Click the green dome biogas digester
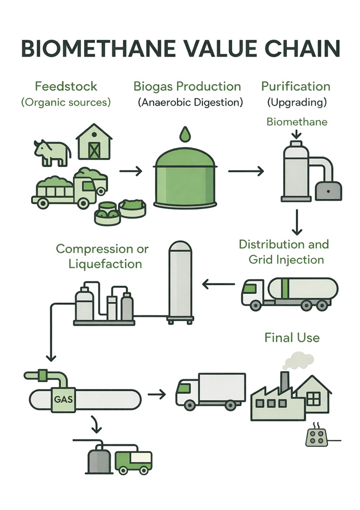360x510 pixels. (185, 179)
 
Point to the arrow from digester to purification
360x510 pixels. (246, 171)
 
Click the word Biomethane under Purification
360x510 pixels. (297, 122)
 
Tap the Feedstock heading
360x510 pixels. (66, 86)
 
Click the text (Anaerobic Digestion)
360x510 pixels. (190, 102)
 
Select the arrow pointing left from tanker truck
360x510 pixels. (218, 284)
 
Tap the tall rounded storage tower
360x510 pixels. (181, 281)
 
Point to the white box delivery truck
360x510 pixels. (211, 390)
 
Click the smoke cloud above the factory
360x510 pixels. (298, 361)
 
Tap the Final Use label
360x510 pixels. (292, 338)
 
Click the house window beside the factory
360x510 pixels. (313, 399)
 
